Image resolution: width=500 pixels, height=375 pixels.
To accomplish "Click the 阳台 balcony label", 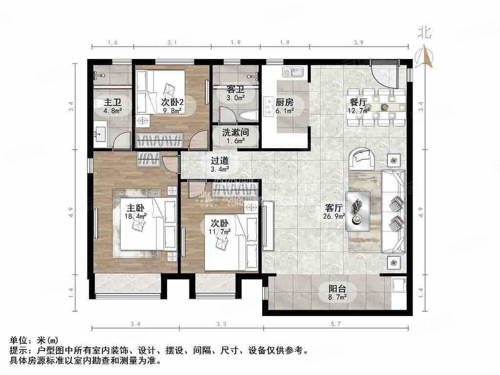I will tap(337, 289).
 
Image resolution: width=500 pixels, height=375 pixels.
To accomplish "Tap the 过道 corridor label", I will tap(219, 160).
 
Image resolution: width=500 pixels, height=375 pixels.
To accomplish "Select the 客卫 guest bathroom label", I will tap(235, 90).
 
